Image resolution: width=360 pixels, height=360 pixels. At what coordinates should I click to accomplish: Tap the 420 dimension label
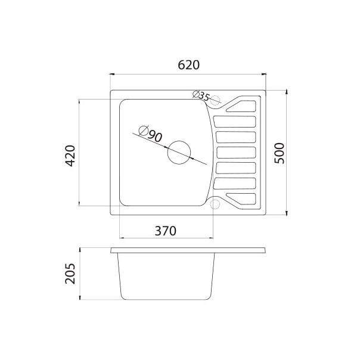click(70, 155)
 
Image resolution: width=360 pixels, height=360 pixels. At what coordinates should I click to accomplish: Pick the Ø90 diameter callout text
click(150, 135)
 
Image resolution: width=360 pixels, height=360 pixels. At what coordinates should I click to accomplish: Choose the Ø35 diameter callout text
click(201, 95)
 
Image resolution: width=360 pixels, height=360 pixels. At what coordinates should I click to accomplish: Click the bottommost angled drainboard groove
click(241, 198)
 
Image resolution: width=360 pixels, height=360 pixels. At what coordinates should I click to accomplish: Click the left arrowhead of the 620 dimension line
click(113, 74)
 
